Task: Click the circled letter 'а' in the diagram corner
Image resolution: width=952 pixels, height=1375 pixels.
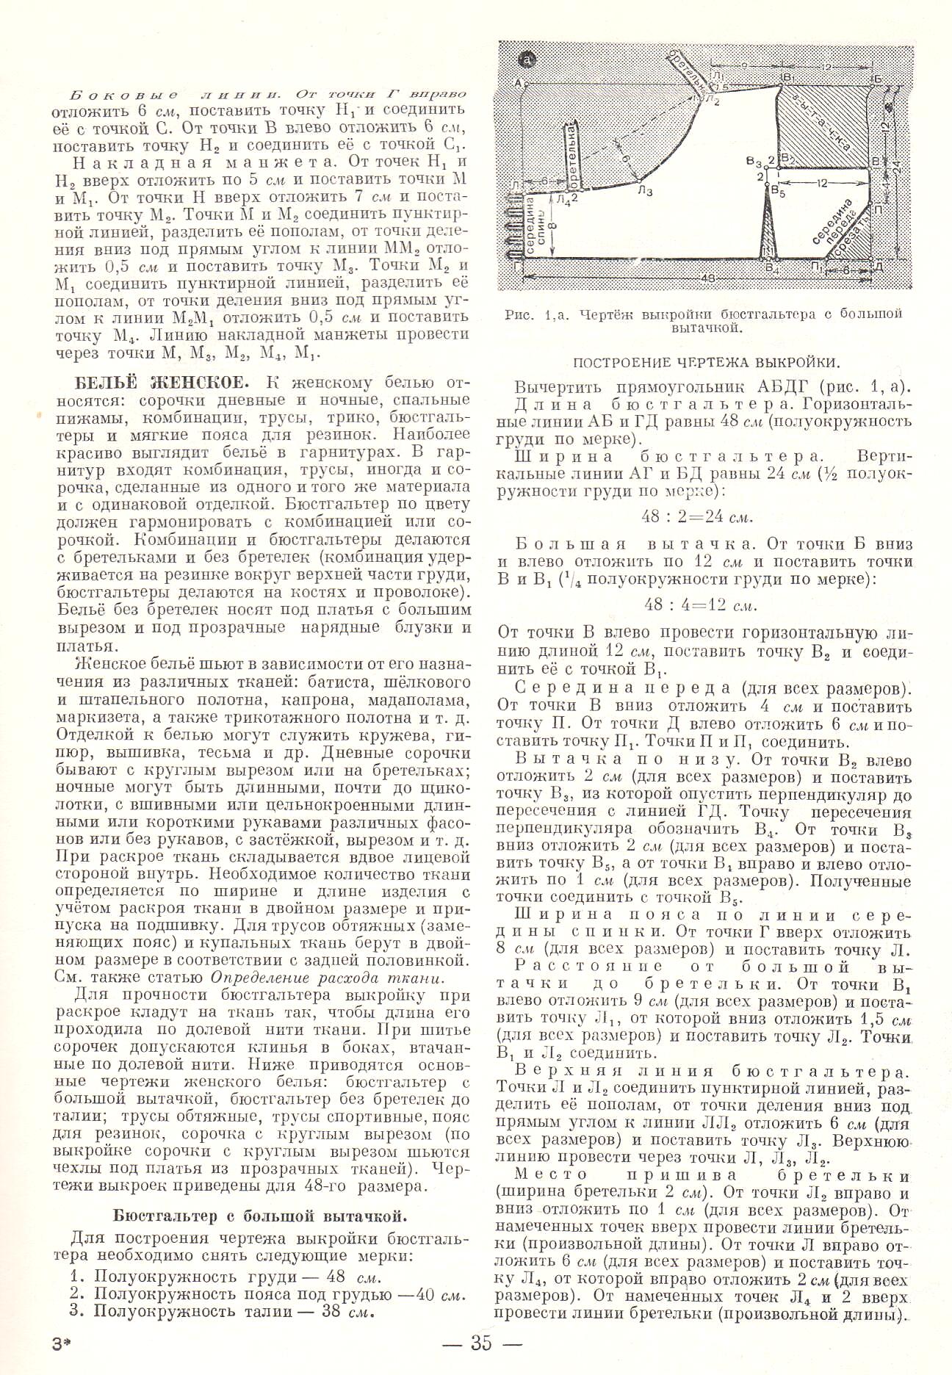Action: coord(528,59)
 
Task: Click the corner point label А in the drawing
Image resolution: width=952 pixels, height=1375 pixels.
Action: coord(519,82)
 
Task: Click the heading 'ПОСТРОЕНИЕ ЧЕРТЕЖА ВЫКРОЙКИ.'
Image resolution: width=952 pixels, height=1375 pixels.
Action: coord(706,361)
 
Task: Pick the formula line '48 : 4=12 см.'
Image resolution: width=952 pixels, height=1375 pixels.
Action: coord(699,606)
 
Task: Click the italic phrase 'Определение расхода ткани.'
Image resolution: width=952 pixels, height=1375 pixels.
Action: coord(328,977)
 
